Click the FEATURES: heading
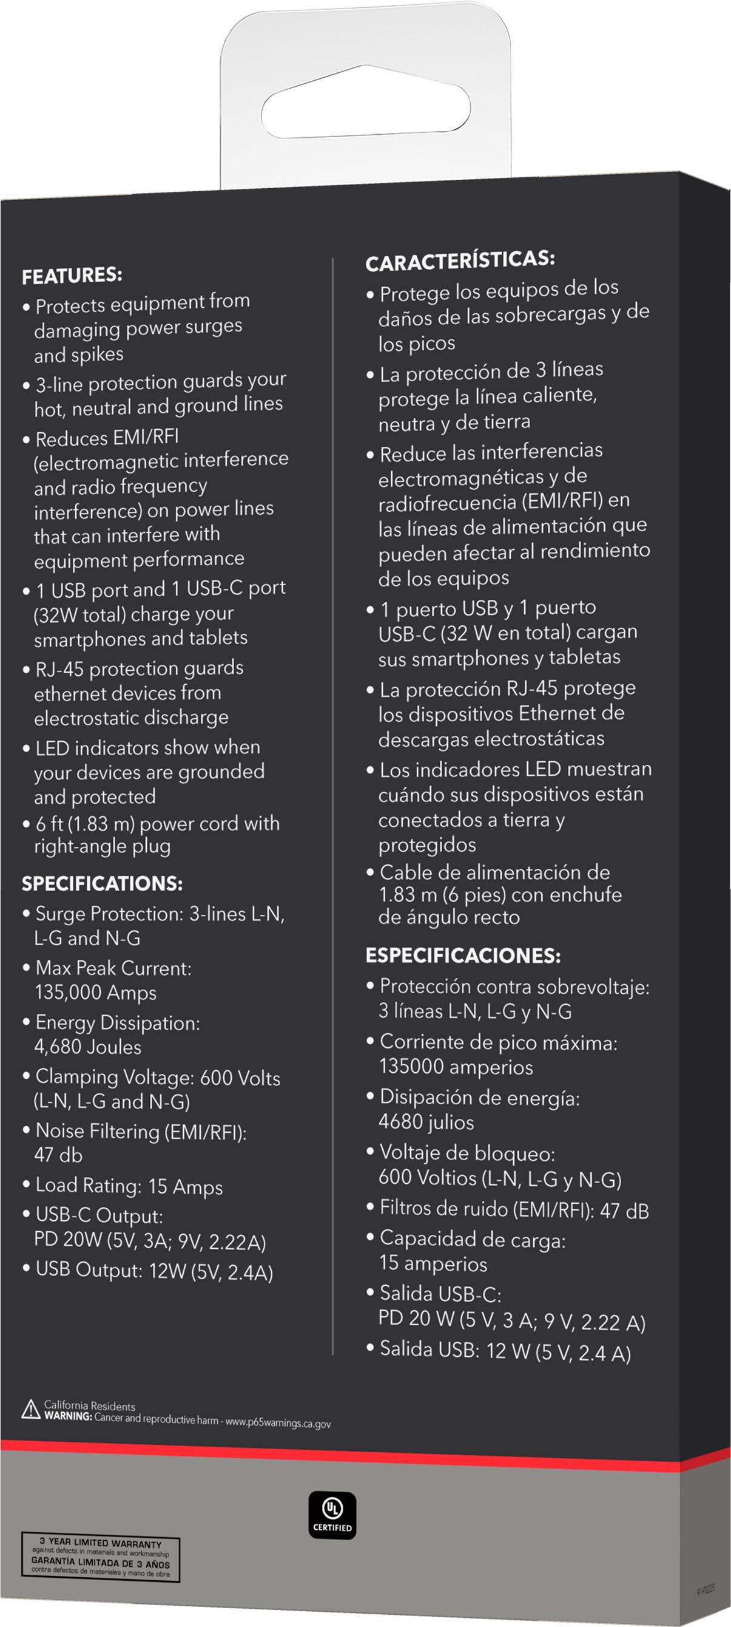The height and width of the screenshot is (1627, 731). [72, 276]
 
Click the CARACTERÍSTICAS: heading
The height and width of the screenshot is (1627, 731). [460, 260]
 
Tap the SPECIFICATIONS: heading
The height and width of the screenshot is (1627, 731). [103, 883]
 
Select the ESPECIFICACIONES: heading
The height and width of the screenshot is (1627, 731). [463, 955]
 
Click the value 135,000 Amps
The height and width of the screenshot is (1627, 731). [96, 993]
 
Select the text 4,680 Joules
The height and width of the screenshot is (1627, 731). [88, 1047]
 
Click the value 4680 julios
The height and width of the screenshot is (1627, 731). [426, 1123]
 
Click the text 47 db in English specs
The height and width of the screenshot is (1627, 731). [58, 1155]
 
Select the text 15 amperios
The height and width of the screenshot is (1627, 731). [433, 1264]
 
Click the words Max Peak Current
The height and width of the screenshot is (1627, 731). [113, 968]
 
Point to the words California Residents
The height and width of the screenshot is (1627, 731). [89, 1406]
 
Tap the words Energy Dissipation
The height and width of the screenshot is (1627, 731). [118, 1022]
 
